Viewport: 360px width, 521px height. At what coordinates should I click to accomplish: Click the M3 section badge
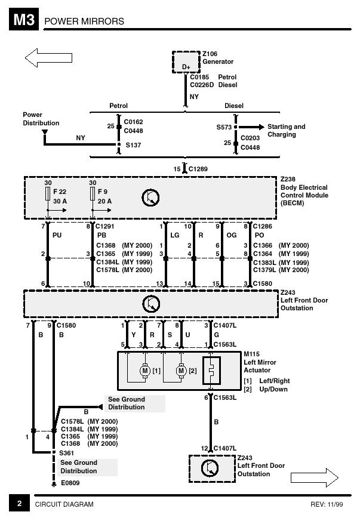[24, 20]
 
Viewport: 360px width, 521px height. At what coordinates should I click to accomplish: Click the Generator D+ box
[186, 62]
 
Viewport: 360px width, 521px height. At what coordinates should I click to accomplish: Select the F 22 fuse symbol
[48, 194]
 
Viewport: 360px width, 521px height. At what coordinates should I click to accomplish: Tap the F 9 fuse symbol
[93, 194]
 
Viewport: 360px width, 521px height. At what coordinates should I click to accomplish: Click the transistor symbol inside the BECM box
[150, 198]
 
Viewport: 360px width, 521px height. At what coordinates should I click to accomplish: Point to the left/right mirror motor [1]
[144, 371]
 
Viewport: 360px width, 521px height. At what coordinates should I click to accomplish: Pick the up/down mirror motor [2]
[181, 371]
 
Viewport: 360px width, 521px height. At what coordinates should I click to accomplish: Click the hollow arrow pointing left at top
[48, 58]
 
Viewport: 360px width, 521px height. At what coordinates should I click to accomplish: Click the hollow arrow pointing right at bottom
[315, 478]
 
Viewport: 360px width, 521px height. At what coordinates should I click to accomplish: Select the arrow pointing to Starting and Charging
[251, 127]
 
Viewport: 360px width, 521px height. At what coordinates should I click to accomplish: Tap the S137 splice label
[133, 145]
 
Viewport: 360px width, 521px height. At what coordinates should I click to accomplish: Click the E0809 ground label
[70, 483]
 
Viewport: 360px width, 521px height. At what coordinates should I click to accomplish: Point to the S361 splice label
[66, 453]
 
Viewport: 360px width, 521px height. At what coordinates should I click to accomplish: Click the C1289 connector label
[198, 169]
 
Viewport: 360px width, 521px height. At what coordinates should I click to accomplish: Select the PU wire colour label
[57, 235]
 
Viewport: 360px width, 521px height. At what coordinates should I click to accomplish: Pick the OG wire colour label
[232, 235]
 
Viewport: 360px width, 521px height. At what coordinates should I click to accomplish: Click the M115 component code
[251, 354]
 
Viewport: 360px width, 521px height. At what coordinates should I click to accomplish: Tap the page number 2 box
[19, 504]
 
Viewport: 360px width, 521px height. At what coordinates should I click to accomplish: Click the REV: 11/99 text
[327, 504]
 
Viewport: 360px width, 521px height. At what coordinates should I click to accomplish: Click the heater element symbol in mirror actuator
[211, 371]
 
